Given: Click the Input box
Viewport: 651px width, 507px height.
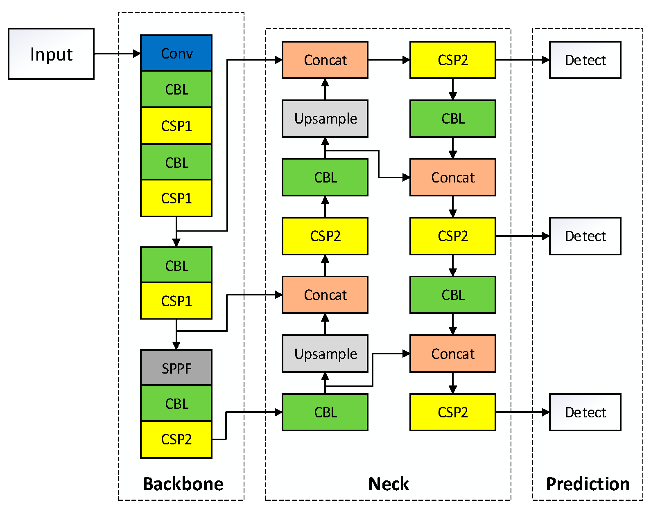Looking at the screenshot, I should point(51,54).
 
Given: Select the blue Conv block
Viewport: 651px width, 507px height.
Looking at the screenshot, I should point(176,53).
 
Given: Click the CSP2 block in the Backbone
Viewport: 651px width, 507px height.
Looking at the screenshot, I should point(176,439).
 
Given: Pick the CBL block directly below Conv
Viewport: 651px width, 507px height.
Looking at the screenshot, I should point(176,89).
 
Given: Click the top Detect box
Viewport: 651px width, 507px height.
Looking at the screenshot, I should point(585,60).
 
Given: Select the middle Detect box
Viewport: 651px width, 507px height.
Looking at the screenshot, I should point(585,236).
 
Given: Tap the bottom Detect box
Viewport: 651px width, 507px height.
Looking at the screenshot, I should point(585,412).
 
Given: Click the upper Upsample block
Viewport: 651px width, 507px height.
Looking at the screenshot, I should point(325,119).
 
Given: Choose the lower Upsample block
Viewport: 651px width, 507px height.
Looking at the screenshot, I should point(325,354).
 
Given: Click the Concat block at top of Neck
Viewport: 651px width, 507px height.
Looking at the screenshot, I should point(325,60).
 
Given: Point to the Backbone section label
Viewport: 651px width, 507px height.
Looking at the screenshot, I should point(183,484).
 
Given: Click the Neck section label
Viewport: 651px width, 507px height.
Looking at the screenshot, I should point(388,484).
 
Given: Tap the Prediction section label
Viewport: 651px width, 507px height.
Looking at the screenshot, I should point(588,484).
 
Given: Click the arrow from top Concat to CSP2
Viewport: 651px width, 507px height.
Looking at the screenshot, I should point(389,60).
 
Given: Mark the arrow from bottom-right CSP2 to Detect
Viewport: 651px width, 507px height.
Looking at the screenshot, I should point(522,412).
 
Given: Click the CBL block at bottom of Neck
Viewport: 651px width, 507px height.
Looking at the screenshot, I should point(325,412).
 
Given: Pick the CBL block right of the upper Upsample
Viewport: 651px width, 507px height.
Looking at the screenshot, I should point(452,119).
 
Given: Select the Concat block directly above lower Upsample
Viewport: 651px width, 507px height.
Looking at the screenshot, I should point(325,295).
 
